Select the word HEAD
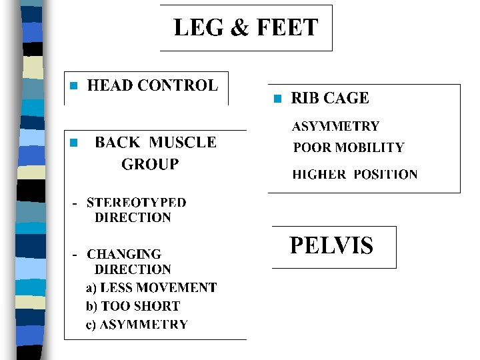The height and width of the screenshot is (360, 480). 111,85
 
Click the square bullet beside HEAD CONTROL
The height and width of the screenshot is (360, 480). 74,86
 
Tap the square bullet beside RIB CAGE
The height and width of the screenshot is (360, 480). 278,99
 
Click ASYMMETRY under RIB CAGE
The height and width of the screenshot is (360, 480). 336,126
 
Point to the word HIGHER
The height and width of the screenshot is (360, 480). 319,175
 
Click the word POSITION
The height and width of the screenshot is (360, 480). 385,175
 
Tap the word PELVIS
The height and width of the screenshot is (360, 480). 331,246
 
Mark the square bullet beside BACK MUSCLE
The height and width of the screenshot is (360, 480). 74,143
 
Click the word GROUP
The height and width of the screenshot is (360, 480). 150,164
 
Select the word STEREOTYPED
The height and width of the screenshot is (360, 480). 137,202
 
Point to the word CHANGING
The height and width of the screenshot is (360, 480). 124,254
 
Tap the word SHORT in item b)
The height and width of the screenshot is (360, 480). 157,307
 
